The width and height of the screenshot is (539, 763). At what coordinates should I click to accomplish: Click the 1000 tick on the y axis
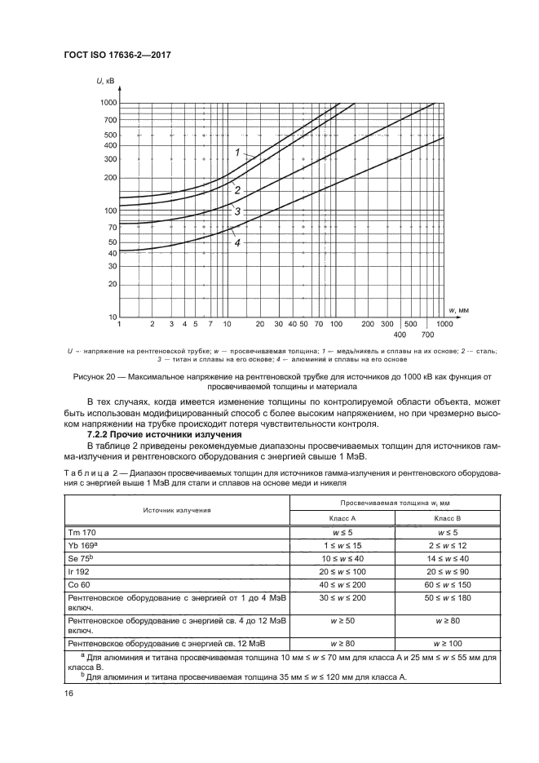(x=108, y=103)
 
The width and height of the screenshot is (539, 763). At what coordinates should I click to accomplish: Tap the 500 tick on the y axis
(x=110, y=135)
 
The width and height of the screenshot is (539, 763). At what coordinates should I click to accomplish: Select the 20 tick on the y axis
(x=112, y=284)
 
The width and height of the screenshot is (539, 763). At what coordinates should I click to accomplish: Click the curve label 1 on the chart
(x=237, y=152)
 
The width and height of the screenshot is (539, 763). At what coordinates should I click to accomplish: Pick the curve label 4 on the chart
(x=237, y=242)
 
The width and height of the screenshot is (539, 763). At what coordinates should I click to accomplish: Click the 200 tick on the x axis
(x=368, y=324)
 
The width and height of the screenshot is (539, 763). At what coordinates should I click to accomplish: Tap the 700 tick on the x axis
(x=426, y=335)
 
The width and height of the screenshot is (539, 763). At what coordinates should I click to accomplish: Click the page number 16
(x=69, y=694)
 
